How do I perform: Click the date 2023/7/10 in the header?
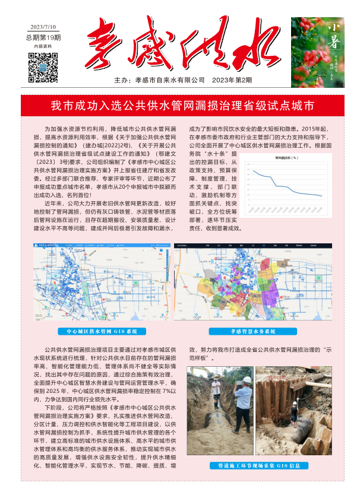click(43, 27)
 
